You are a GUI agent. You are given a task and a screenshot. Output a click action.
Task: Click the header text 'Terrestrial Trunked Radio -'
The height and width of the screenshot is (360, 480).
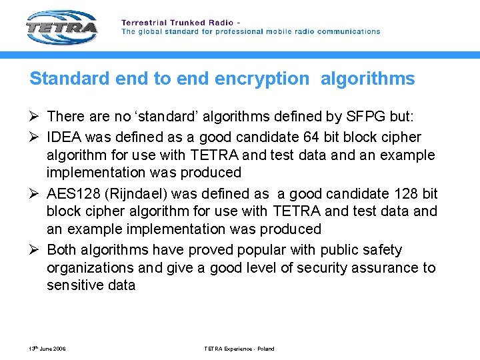tap(180, 23)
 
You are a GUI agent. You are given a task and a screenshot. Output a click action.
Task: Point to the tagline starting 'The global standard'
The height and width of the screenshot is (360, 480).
tap(250, 31)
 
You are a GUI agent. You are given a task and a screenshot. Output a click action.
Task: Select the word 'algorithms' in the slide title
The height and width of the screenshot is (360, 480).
tap(367, 79)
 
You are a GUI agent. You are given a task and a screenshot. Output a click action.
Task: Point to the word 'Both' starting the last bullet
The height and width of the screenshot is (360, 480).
tap(62, 250)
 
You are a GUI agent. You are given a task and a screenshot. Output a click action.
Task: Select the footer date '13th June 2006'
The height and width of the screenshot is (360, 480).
tap(47, 349)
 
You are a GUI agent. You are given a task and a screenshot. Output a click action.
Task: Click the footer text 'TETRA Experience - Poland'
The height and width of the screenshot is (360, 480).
tap(238, 349)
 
